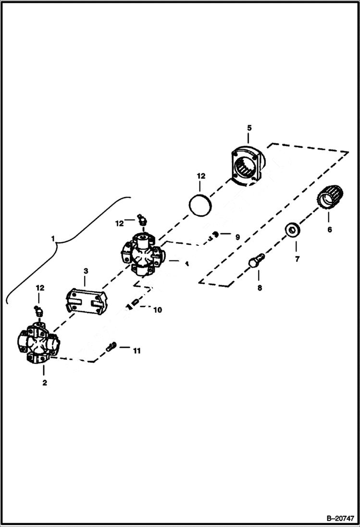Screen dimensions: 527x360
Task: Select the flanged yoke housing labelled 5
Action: [x=248, y=166]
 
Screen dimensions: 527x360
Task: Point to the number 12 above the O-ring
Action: [x=200, y=176]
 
